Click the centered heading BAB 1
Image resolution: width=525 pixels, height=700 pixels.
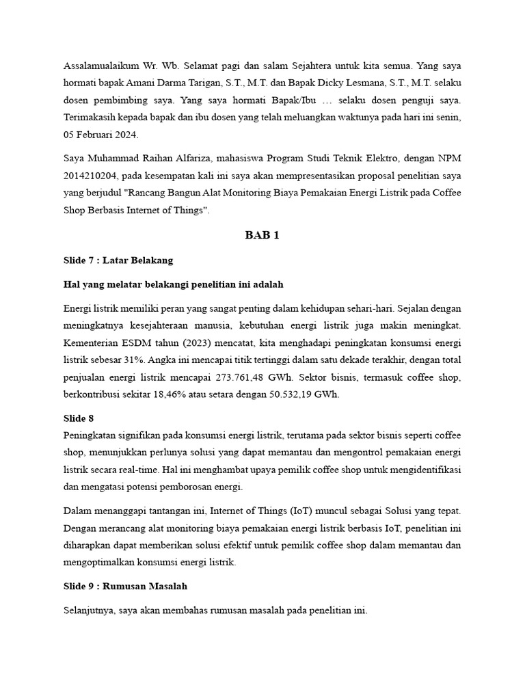[262, 235]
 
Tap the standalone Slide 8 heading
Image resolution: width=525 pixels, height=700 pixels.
[78, 418]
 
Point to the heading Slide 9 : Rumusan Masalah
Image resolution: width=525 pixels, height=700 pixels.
[125, 586]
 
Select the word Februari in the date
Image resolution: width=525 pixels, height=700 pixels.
[94, 135]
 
